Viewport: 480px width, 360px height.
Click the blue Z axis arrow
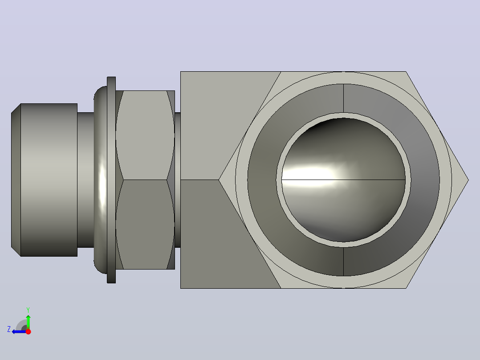(x=19, y=331)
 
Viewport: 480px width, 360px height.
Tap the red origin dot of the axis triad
(x=28, y=331)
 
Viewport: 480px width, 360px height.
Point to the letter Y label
(x=28, y=310)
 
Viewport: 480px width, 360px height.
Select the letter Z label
(x=9, y=329)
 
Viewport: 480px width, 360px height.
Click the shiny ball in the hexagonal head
(x=343, y=180)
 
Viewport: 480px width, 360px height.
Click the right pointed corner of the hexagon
(x=468, y=180)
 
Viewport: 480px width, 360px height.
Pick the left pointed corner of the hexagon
(x=219, y=180)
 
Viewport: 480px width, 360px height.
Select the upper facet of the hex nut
(x=145, y=135)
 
